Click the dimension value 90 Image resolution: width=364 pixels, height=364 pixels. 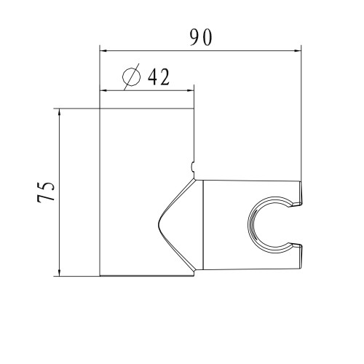201,38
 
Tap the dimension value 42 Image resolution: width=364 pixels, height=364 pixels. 159,76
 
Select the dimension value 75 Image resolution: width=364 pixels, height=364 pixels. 46,192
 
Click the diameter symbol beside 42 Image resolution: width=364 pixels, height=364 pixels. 131,76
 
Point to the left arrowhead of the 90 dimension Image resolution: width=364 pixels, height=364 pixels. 103,51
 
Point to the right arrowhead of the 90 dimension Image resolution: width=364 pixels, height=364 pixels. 298,51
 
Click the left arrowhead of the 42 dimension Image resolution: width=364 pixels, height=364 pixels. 103,91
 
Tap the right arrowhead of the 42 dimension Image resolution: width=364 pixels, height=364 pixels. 191,91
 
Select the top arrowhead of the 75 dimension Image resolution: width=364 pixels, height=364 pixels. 60,112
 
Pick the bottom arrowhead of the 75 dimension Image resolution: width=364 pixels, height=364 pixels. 60,272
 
